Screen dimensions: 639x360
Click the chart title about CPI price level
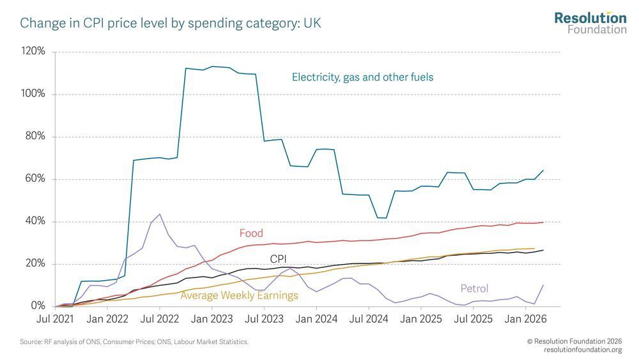[x=171, y=23]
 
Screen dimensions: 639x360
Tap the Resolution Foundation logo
[x=590, y=23]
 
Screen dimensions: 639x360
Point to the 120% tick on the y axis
[x=33, y=51]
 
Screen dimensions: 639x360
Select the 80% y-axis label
[x=35, y=136]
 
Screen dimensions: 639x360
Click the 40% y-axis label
[x=35, y=221]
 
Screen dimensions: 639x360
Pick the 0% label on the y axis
[x=38, y=306]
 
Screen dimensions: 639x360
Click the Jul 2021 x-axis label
[x=55, y=319]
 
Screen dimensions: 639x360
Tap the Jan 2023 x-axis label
[x=212, y=319]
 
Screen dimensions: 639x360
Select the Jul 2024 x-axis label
[x=369, y=319]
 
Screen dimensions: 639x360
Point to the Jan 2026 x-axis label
[x=525, y=319]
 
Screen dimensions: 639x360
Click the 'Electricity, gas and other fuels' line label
[x=363, y=77]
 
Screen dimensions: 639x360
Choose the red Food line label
[x=251, y=233]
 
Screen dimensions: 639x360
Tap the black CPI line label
[x=279, y=259]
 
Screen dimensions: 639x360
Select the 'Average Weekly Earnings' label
[x=239, y=295]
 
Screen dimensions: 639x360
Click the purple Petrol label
[x=474, y=288]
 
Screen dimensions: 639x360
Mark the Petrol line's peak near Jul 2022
[x=159, y=214]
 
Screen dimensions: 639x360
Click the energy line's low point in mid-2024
[x=382, y=217]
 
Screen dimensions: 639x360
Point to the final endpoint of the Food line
[x=543, y=222]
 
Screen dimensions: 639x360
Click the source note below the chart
[x=134, y=342]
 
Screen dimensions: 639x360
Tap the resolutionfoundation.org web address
[x=583, y=350]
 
